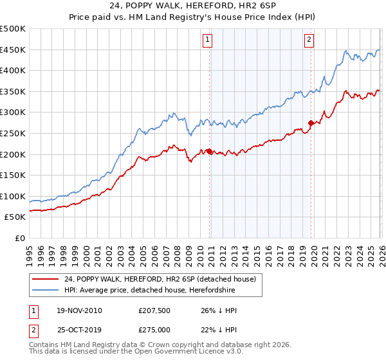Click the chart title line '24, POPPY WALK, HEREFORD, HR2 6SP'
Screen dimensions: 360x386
[x=192, y=6]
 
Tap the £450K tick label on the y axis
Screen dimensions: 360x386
[x=13, y=50]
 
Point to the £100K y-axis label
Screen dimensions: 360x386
[x=13, y=196]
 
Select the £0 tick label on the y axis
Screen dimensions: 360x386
[x=20, y=238]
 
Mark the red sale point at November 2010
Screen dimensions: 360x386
[x=209, y=152]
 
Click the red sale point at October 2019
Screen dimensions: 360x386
[x=311, y=123]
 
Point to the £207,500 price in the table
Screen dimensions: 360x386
[x=154, y=310]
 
